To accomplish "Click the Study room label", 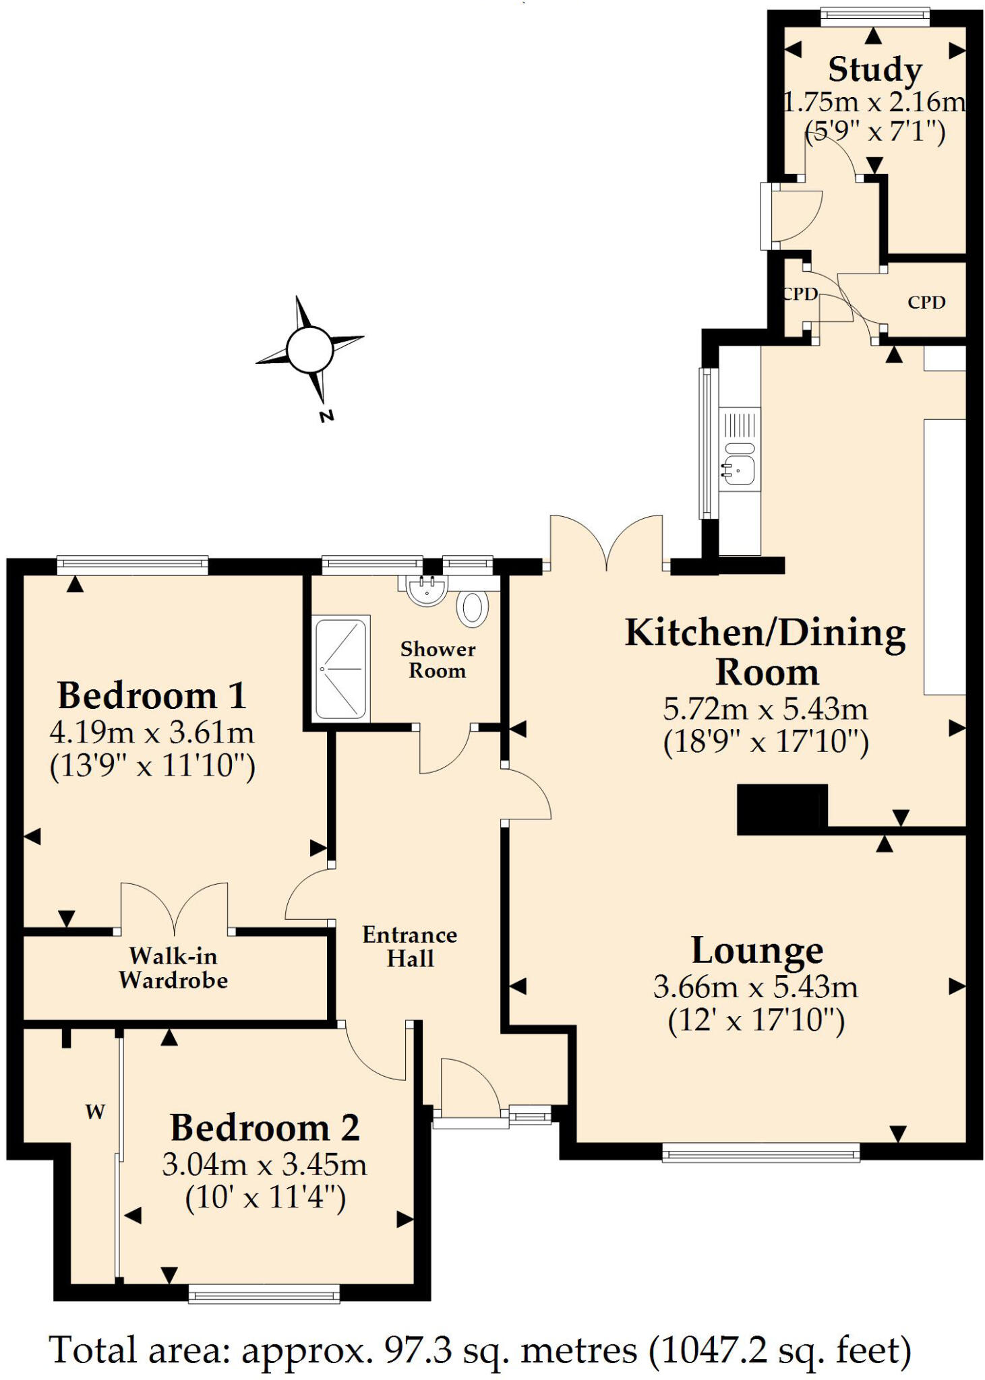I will click(x=874, y=70).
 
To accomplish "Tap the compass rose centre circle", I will click(x=309, y=349).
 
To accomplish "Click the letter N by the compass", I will click(x=326, y=416).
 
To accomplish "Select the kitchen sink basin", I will click(x=739, y=469).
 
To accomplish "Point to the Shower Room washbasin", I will click(x=426, y=591).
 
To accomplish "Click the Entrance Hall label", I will click(x=409, y=946).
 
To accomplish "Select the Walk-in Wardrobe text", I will click(x=173, y=968).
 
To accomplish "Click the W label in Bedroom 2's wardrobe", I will click(x=95, y=1112).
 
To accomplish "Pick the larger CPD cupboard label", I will click(x=926, y=303).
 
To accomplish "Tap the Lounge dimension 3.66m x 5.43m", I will click(x=756, y=987).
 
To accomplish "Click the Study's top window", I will click(x=874, y=17).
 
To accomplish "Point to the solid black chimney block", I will click(x=781, y=809).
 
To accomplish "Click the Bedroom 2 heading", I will click(x=264, y=1127).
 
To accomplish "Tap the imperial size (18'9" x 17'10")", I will click(x=766, y=743).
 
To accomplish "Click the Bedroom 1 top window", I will click(x=132, y=565).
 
